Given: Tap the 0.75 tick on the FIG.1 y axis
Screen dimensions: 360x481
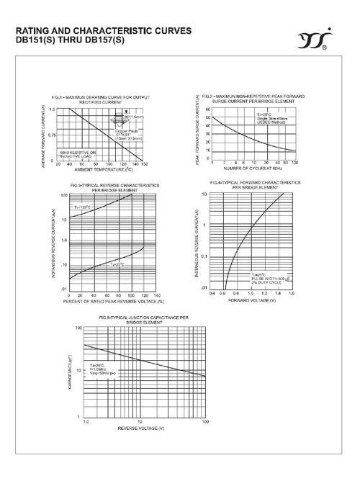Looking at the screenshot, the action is point(52,135).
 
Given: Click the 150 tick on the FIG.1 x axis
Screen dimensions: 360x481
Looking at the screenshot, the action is point(145,164).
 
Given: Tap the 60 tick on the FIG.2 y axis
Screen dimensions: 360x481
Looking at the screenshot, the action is point(207,109).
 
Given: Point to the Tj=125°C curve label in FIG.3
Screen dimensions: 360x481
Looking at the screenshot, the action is point(80,207).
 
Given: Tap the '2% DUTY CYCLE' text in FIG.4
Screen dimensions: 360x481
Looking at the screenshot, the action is point(266,282).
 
